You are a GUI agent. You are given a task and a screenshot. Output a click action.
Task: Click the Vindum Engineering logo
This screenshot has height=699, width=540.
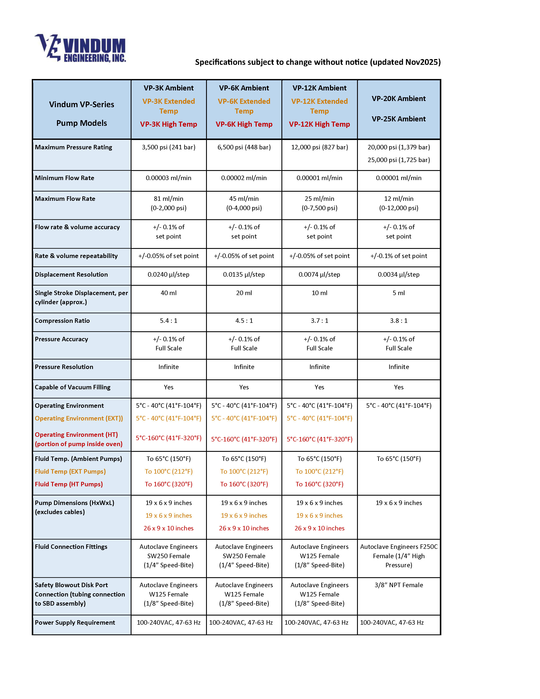coord(80,48)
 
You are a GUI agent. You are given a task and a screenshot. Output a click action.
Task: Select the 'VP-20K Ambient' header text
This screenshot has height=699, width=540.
coord(399,98)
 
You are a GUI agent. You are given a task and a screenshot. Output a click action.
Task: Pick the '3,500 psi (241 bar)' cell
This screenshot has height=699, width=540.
coord(169,147)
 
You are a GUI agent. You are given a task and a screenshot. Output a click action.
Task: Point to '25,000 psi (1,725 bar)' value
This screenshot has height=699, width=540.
coord(399,160)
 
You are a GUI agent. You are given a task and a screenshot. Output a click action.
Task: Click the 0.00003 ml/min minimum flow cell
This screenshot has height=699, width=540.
coord(169,178)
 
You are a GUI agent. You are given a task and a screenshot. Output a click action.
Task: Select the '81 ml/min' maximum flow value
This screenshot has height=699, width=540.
coord(169,199)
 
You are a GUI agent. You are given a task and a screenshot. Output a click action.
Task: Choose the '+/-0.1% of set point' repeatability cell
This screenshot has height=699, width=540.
coord(399,256)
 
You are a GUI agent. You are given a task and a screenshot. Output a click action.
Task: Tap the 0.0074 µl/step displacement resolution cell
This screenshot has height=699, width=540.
coord(319,274)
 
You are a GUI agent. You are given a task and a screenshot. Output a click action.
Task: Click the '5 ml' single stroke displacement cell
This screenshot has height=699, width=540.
coord(399,293)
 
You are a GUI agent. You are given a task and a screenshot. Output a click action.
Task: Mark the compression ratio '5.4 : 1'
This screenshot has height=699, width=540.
coord(169,321)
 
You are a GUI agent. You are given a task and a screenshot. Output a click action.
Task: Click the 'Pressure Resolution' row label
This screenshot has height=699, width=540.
coord(64,367)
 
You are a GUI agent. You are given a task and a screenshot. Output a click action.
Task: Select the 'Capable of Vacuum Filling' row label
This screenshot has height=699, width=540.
coord(73,387)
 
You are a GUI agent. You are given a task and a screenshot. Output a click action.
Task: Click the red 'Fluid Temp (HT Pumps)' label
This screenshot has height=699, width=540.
coord(69,484)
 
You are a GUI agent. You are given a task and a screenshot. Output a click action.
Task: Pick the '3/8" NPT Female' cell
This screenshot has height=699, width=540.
coord(399,585)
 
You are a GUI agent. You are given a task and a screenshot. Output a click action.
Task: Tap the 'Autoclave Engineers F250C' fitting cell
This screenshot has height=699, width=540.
coord(399,547)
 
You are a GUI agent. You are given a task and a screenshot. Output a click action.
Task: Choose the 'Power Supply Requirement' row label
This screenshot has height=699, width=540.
coord(75,623)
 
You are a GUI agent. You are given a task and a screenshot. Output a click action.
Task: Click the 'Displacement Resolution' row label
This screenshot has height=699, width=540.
coord(71,274)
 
